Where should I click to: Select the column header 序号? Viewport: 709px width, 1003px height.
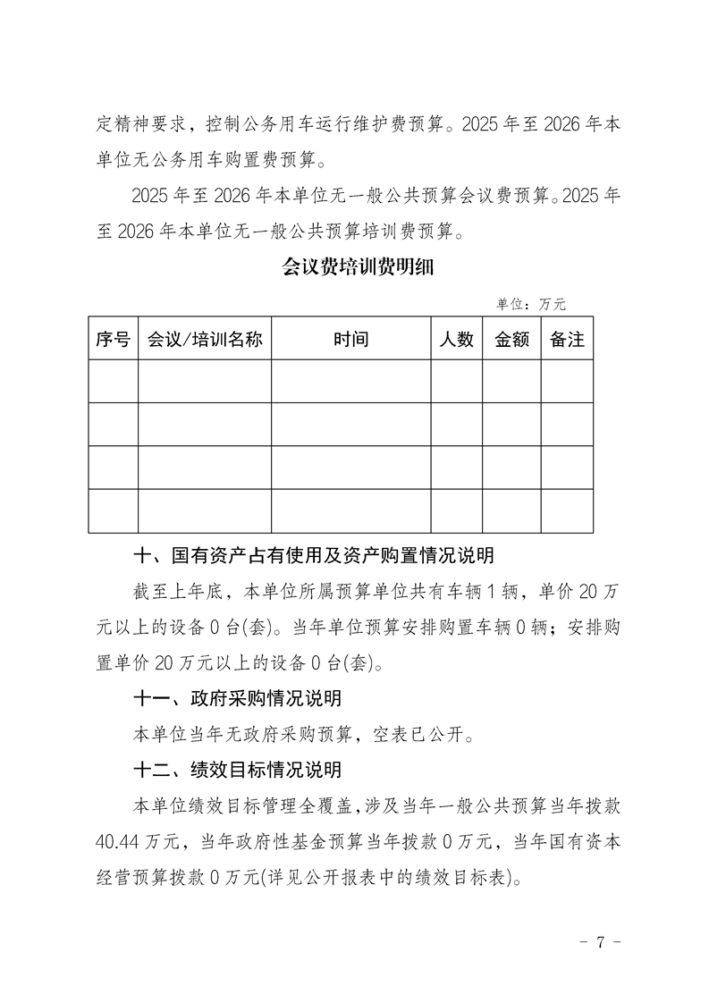click(114, 340)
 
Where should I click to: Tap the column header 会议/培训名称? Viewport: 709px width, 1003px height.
click(205, 340)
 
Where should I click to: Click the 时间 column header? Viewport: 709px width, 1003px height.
click(351, 340)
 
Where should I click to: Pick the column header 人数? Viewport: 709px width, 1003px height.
click(457, 340)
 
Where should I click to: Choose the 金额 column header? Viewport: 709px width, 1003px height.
click(512, 340)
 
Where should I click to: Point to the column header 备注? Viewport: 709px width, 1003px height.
click(567, 340)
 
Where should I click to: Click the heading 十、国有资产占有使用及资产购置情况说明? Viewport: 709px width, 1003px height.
click(313, 557)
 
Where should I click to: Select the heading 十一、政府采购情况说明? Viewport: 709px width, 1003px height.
click(237, 698)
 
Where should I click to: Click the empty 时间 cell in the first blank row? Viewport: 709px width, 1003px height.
click(351, 382)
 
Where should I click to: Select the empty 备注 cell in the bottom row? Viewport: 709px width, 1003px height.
click(567, 511)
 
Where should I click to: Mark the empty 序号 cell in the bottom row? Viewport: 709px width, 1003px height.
click(114, 511)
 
